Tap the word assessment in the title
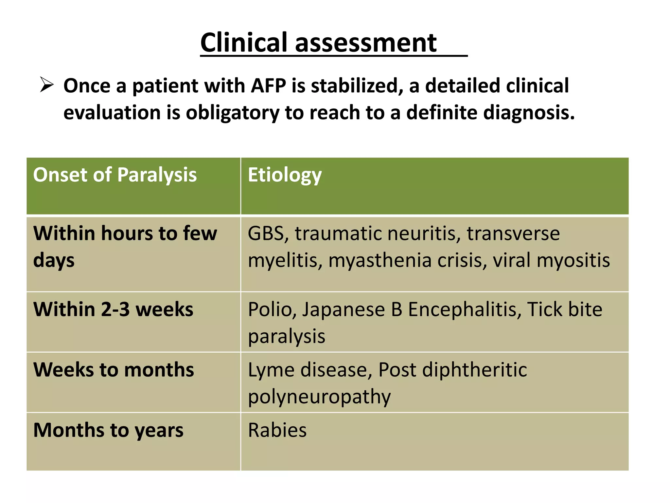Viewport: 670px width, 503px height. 365,43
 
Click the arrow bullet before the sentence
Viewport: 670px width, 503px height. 46,85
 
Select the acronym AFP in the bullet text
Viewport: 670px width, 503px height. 268,86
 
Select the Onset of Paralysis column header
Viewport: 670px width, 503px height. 115,175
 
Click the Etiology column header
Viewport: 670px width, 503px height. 285,175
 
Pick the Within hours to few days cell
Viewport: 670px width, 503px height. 125,247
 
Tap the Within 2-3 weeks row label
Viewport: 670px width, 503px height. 113,309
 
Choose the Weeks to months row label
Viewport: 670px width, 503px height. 114,370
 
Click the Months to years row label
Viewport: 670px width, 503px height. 108,430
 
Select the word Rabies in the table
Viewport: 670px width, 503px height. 277,430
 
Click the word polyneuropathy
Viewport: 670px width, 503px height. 319,397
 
